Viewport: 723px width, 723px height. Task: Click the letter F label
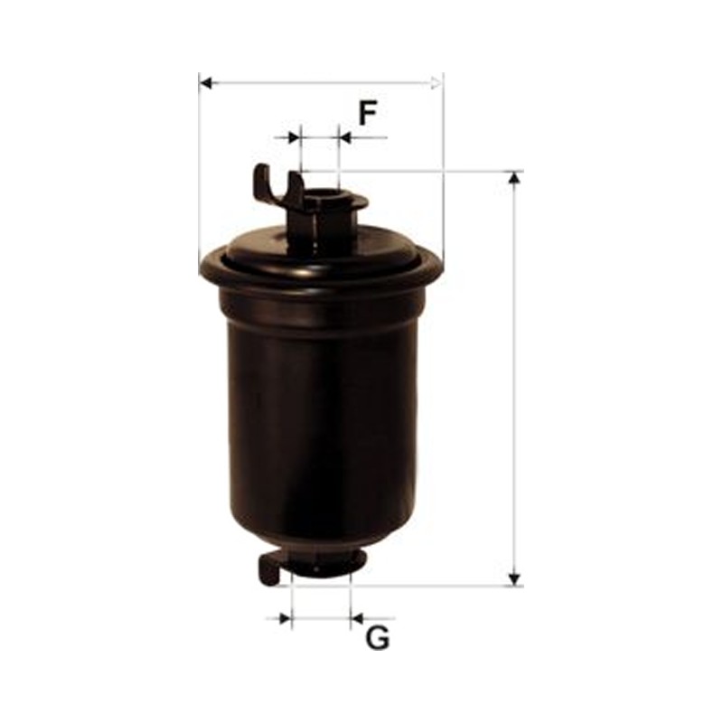click(368, 114)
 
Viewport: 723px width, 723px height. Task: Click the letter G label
click(378, 638)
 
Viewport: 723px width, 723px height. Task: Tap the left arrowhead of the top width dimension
click(207, 83)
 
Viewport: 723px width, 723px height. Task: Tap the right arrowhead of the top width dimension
click(436, 83)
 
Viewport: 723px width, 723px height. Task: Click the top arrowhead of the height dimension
click(514, 177)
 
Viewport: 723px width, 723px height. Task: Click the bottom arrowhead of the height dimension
click(514, 580)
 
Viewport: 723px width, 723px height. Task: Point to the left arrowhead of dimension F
click(294, 137)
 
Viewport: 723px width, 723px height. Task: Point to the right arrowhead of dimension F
click(344, 137)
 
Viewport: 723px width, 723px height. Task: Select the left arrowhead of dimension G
click(286, 618)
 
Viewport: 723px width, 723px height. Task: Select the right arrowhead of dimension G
click(357, 618)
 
